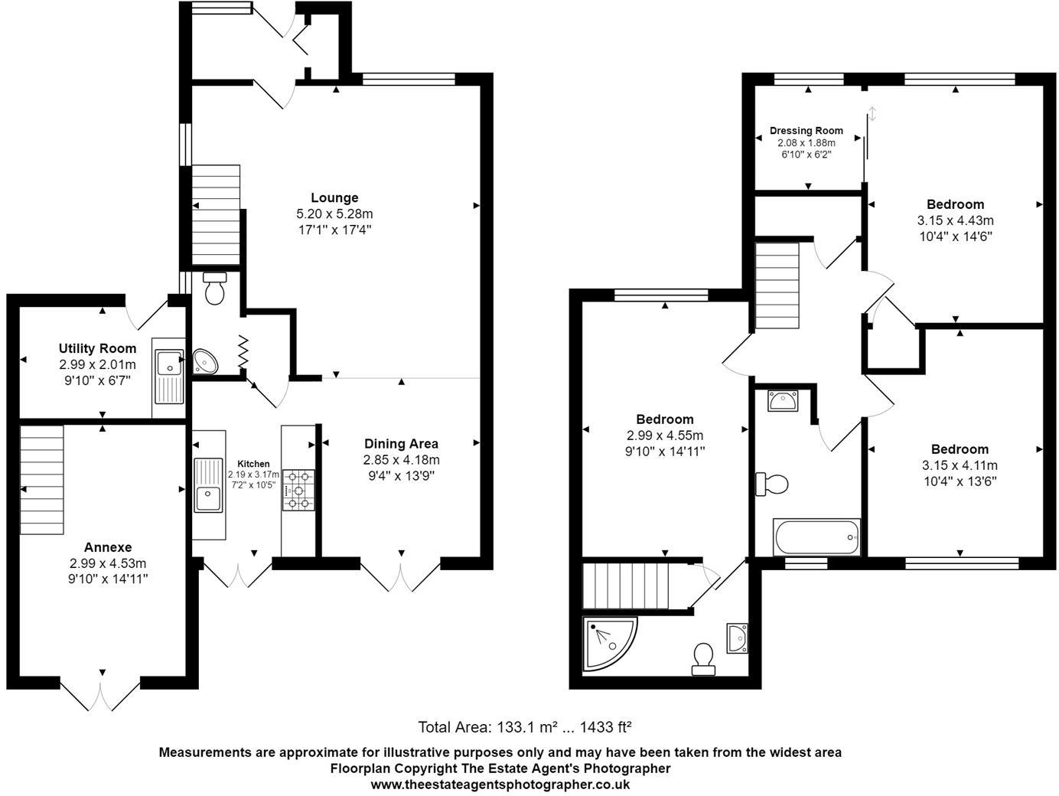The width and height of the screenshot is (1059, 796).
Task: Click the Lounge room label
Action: pos(334,197)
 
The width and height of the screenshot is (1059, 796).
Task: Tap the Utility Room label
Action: pos(98,348)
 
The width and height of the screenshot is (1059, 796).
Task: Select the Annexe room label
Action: pos(108,546)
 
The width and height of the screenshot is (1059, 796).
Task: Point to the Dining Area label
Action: pos(401,443)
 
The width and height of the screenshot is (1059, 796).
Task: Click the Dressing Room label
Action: pos(806,131)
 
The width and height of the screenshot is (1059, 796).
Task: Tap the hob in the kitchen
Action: pos(298,490)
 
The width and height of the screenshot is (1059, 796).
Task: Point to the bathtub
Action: pos(816,537)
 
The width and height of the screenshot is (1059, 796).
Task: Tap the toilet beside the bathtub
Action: pos(772,484)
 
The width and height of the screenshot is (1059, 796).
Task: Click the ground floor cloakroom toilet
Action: pos(215,289)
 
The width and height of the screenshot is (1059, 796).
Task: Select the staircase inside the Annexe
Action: pos(41,480)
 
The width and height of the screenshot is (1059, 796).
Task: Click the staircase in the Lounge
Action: pos(215,215)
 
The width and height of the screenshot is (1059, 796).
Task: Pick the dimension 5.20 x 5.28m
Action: pos(334,214)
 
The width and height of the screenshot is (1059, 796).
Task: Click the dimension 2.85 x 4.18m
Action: pos(401,459)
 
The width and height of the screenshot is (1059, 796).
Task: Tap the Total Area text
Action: pos(524,726)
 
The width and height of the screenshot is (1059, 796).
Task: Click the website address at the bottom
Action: pos(500,784)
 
